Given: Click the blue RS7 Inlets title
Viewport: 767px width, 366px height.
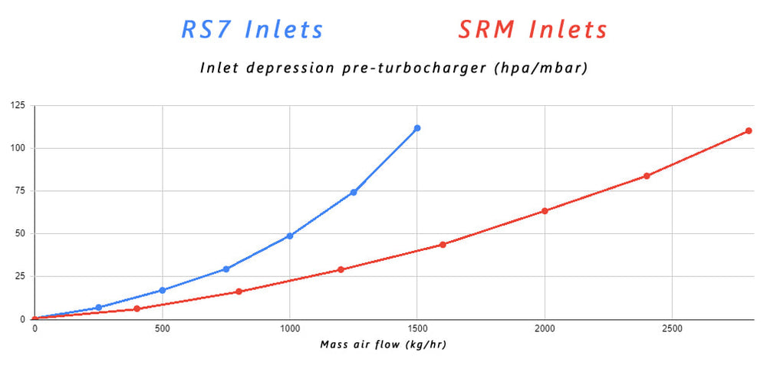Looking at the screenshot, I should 252,30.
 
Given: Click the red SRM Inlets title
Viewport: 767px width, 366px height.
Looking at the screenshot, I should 532,30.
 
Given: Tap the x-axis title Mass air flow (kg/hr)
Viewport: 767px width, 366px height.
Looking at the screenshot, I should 383,345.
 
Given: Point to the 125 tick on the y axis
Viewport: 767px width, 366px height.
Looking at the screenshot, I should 18,105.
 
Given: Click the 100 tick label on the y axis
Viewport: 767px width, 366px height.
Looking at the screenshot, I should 18,148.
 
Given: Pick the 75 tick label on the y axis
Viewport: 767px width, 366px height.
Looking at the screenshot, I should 20,191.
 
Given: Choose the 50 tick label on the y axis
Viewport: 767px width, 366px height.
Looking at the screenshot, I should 20,233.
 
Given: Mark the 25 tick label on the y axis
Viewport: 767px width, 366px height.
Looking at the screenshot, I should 20,276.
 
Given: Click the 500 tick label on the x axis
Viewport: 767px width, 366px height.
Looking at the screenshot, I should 162,328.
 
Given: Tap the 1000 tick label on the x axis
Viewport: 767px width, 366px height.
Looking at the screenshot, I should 289,328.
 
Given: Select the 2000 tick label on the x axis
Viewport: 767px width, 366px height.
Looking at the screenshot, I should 545,328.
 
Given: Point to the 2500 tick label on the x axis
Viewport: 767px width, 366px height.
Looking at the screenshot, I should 672,328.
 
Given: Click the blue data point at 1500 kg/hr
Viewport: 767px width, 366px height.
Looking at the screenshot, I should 417,128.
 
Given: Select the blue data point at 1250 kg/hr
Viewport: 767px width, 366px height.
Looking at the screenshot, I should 354,192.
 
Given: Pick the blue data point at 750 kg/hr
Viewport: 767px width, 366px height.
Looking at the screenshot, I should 226,269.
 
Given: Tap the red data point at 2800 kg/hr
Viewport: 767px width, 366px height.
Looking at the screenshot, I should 749,130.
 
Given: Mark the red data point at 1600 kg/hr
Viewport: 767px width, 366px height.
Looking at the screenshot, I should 443,245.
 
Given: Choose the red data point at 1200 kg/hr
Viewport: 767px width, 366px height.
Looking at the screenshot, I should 341,269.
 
